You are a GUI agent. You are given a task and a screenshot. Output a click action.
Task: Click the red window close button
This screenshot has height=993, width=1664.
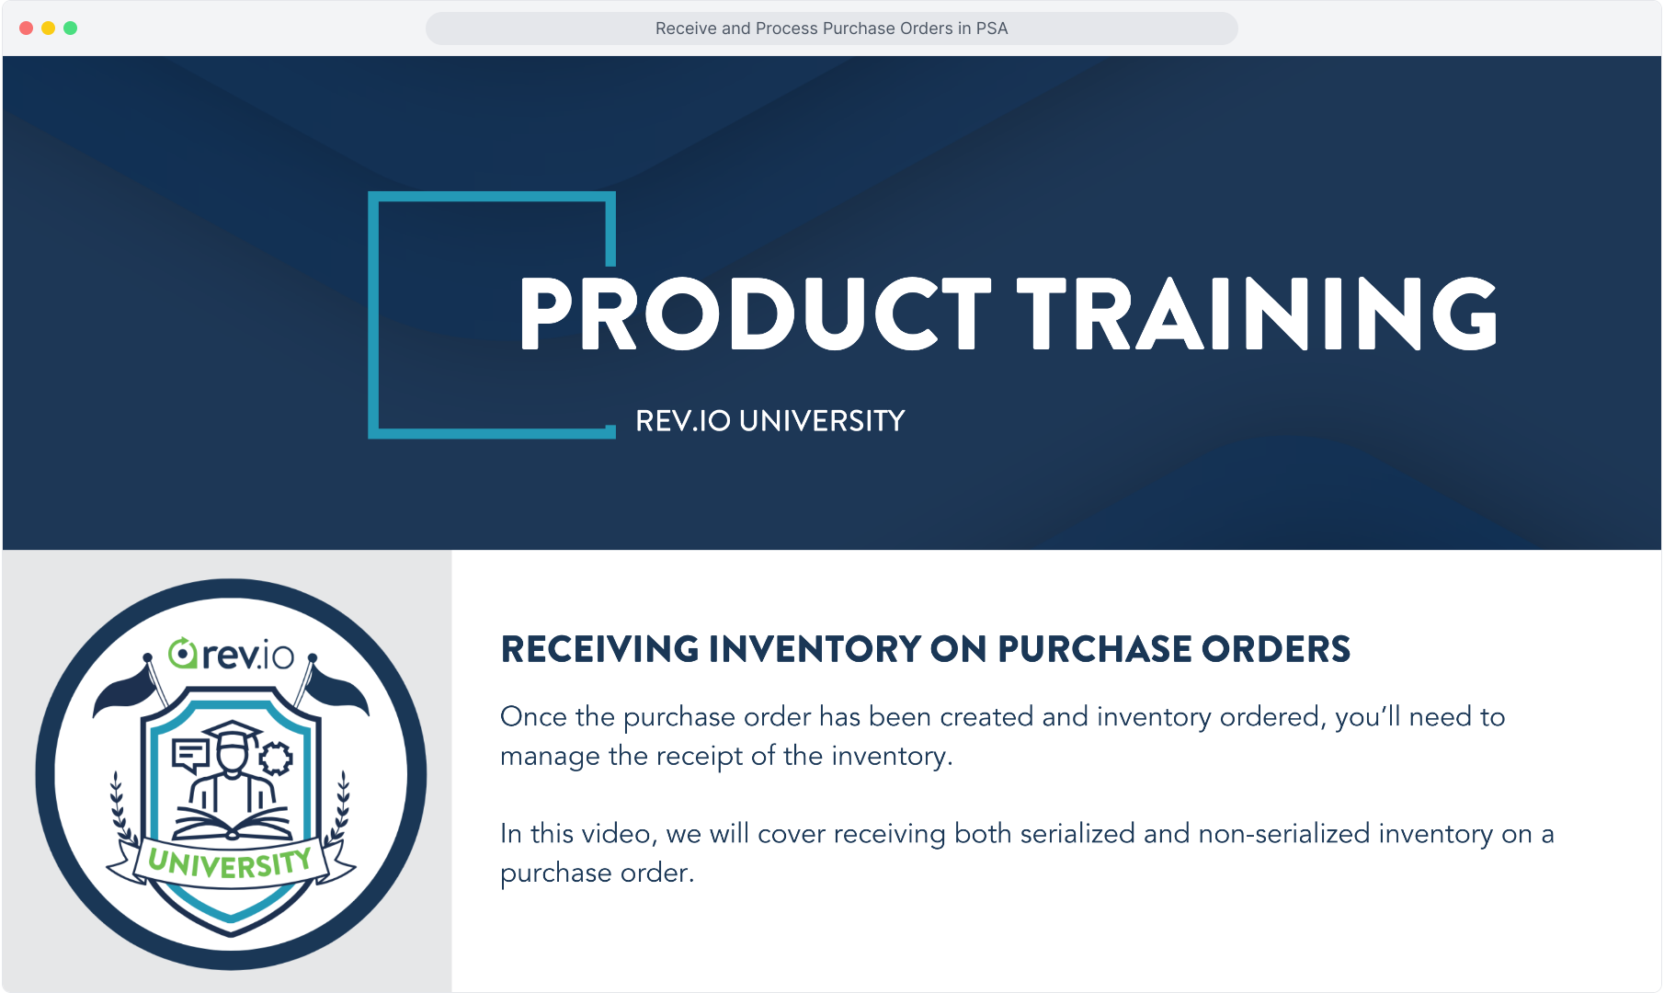27,29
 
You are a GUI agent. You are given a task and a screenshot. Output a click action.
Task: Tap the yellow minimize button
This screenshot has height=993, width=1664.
49,29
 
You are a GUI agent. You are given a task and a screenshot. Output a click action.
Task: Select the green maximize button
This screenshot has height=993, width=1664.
71,29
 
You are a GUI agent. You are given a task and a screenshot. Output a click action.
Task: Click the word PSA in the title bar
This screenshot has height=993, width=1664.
992,29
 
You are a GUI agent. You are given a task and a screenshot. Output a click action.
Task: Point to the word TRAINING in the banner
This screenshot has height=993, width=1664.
1258,314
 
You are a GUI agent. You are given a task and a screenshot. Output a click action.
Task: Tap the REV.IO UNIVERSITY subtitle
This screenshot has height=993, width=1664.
770,421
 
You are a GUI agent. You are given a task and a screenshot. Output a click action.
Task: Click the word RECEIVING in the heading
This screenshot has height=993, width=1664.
599,649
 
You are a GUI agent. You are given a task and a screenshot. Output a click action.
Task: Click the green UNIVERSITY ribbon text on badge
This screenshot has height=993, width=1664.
230,862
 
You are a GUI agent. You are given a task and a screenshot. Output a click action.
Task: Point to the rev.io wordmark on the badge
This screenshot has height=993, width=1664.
231,654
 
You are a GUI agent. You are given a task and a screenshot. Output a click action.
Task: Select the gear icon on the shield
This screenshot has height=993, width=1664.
275,759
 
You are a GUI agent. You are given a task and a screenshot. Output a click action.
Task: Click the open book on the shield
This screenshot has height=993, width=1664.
232,823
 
